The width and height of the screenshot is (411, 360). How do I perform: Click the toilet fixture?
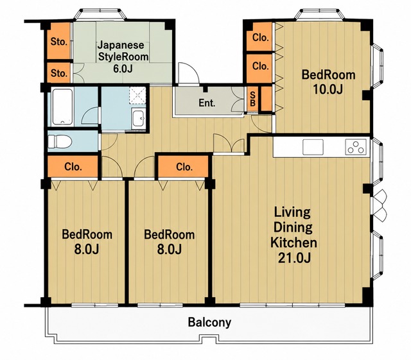tap(60, 141)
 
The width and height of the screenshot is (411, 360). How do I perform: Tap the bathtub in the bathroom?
tap(62, 107)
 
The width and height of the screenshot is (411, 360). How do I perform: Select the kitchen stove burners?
tap(356, 147)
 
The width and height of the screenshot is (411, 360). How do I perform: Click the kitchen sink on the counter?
tap(313, 147)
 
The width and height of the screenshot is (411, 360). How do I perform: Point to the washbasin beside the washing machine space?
tap(138, 119)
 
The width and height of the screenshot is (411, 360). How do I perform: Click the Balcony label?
tap(209, 322)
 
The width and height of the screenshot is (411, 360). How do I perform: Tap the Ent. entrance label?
tap(207, 103)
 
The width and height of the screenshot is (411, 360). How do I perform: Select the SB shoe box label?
tap(252, 99)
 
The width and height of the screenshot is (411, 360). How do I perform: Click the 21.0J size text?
tap(294, 259)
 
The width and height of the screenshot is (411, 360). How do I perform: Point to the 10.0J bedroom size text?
tap(328, 89)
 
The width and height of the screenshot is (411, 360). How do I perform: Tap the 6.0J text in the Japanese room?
tap(123, 69)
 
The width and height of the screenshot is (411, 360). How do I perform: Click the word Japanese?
tap(121, 46)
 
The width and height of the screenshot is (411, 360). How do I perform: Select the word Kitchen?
tap(293, 243)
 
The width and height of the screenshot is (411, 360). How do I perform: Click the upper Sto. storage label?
tap(58, 42)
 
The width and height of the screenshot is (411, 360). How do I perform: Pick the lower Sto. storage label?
tap(58, 73)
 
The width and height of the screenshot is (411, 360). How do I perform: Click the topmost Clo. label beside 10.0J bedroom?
tap(261, 38)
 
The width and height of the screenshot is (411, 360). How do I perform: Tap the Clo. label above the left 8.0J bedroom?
tap(73, 167)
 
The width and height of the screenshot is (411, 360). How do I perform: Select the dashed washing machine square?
tap(137, 96)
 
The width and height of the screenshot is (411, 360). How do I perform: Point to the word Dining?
tap(293, 227)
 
